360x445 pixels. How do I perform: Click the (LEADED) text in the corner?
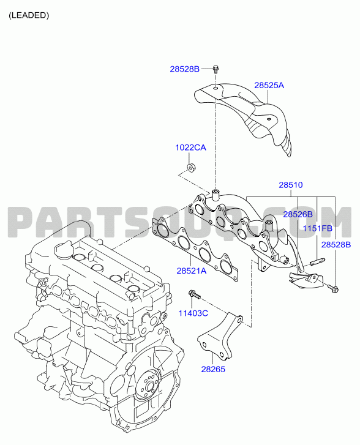coord(29,15)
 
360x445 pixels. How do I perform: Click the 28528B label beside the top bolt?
coord(185,69)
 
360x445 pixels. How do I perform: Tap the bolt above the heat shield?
coord(216,69)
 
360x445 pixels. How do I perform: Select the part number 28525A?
coord(269,85)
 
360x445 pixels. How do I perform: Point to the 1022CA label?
coord(190,148)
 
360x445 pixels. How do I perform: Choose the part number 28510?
coord(291,185)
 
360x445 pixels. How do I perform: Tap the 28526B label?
coord(298,215)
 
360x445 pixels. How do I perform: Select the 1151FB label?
coord(317,228)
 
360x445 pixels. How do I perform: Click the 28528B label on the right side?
coord(336,245)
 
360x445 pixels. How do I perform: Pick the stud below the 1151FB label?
coord(317,261)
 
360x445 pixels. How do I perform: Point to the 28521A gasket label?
coord(192,271)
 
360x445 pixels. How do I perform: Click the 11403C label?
coord(193,313)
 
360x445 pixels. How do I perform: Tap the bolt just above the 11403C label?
coord(195,294)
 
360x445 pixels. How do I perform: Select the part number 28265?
coord(213,370)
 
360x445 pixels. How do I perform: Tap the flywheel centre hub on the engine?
coord(149,387)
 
